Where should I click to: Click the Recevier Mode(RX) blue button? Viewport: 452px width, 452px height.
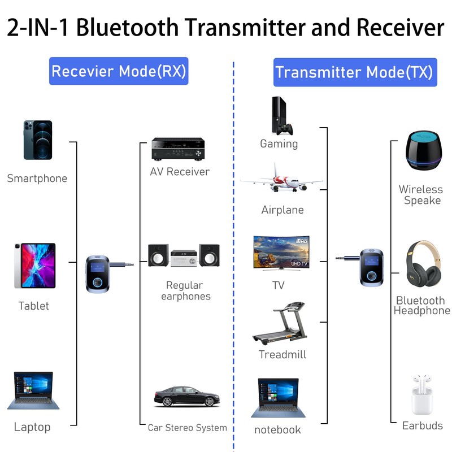coord(118,71)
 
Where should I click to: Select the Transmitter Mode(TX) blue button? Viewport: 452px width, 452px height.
coord(354,72)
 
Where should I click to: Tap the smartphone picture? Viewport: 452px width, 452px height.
coord(37,140)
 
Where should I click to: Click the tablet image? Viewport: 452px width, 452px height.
coord(34,266)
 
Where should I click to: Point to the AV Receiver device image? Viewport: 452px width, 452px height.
coord(177,148)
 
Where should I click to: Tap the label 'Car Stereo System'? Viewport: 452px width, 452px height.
coord(188,428)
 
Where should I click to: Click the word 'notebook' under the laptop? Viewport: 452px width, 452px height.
coord(277,429)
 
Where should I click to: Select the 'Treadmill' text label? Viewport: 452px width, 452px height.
coord(282,355)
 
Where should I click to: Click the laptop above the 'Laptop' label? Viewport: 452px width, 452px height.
coord(33,390)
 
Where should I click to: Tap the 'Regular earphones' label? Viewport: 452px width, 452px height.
coord(185,291)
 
